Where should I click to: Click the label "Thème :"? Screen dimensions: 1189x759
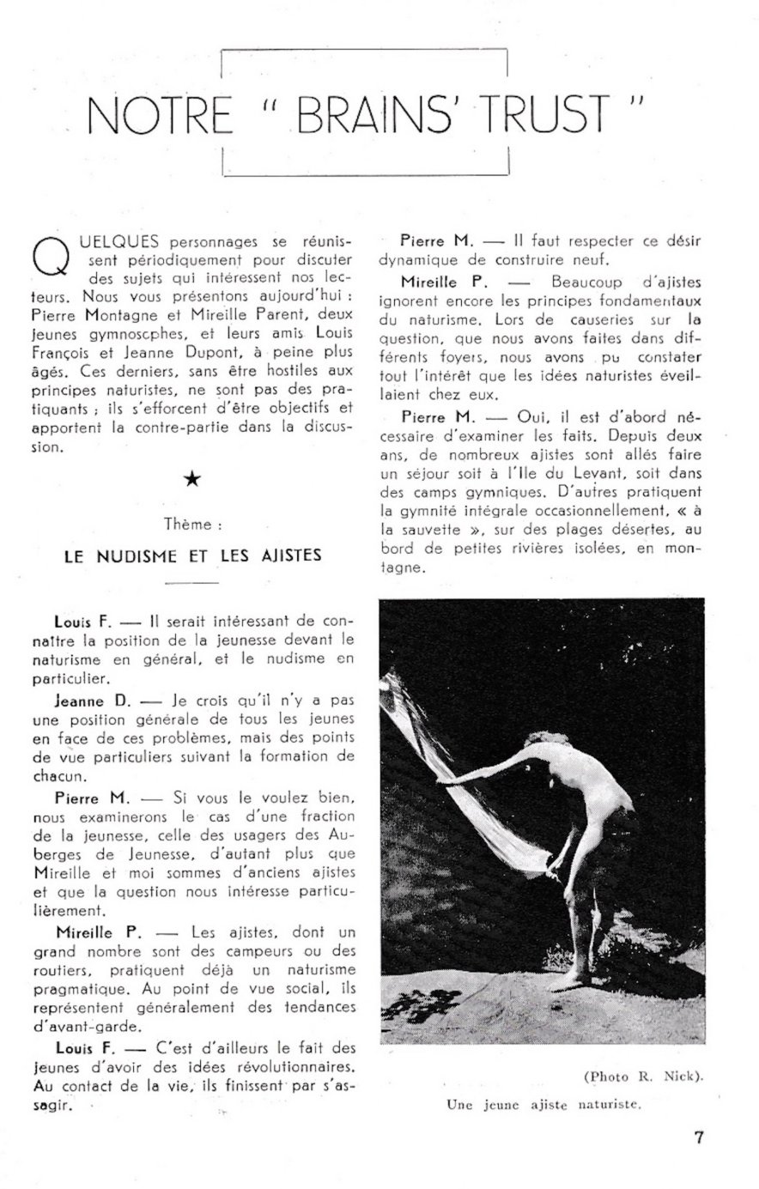point(193,522)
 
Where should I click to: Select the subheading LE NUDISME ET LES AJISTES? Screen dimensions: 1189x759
point(193,555)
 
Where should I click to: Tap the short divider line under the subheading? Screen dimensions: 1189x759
point(193,584)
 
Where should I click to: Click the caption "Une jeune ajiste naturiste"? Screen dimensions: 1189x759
point(544,1105)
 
